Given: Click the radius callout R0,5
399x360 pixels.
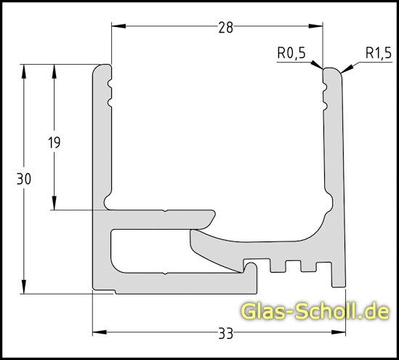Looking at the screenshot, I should coord(291,53).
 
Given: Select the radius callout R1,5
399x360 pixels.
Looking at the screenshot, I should coord(378,53).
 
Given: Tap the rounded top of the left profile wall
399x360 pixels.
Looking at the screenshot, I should coord(102,68).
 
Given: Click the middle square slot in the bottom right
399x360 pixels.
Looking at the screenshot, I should coord(295,265).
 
